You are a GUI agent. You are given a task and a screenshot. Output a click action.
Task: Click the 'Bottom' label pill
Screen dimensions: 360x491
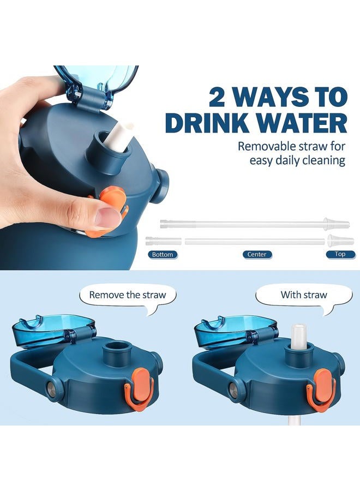pos(163,255)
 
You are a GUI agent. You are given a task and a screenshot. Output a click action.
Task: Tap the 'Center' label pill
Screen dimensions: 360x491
pos(257,254)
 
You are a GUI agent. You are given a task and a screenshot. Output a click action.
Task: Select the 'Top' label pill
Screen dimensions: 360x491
pos(340,254)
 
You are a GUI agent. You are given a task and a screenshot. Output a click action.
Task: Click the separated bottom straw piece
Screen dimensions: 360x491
pos(164,241)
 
